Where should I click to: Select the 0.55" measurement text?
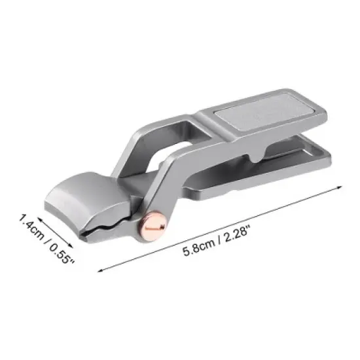coord(63,251)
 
